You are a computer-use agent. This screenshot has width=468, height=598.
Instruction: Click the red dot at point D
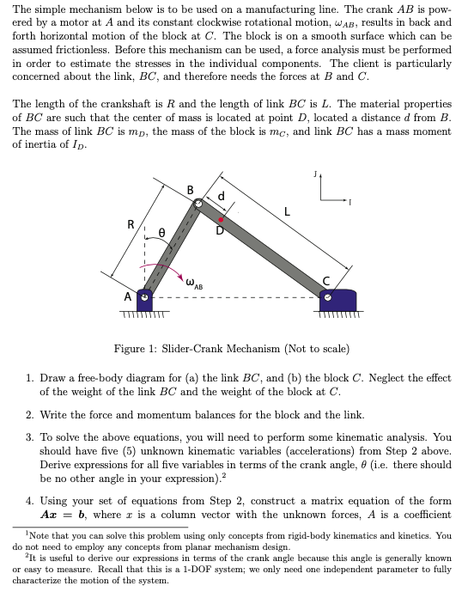click(221, 220)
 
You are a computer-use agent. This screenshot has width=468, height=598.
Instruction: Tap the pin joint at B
click(198, 204)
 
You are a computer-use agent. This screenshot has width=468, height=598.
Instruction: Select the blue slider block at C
click(337, 300)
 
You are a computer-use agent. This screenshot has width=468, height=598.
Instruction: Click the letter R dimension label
click(130, 224)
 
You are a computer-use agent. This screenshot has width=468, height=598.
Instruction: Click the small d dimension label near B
click(222, 196)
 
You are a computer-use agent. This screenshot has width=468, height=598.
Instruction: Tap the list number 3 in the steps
click(30, 437)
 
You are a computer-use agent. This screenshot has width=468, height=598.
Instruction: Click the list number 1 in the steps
click(30, 377)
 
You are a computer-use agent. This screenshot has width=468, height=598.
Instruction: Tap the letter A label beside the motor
click(126, 296)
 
